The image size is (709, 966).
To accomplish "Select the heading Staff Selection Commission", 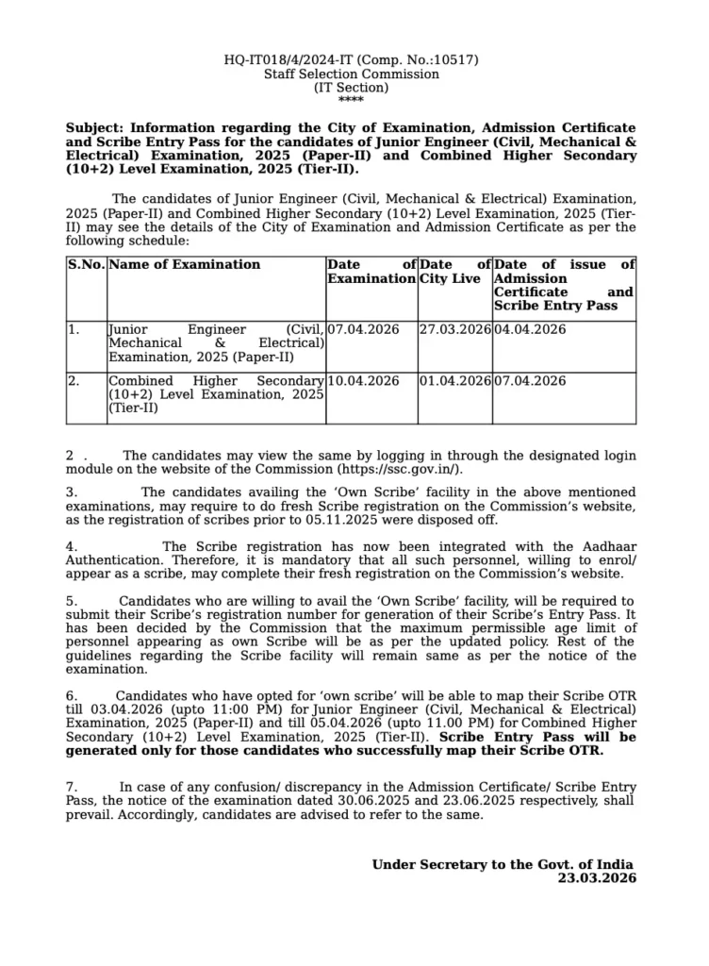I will pyautogui.click(x=351, y=74).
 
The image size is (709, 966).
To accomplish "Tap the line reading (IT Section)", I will pyautogui.click(x=351, y=87).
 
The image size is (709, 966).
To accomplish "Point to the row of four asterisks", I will pyautogui.click(x=351, y=100).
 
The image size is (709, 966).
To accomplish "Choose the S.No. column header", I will pyautogui.click(x=87, y=265).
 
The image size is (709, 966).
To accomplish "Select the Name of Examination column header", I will pyautogui.click(x=185, y=265).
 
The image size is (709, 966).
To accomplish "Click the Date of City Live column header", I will pyautogui.click(x=454, y=272).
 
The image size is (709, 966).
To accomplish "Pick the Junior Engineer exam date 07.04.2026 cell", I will pyautogui.click(x=363, y=330).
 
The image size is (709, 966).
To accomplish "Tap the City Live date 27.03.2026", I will pyautogui.click(x=454, y=330).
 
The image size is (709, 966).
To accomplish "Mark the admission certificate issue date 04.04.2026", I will pyautogui.click(x=530, y=330).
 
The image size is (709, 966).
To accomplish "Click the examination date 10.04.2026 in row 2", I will pyautogui.click(x=363, y=381).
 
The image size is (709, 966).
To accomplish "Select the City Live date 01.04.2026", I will pyautogui.click(x=454, y=381).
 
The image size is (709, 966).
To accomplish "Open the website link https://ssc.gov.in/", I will pyautogui.click(x=399, y=469).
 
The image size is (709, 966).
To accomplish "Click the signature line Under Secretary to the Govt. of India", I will pyautogui.click(x=502, y=864).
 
